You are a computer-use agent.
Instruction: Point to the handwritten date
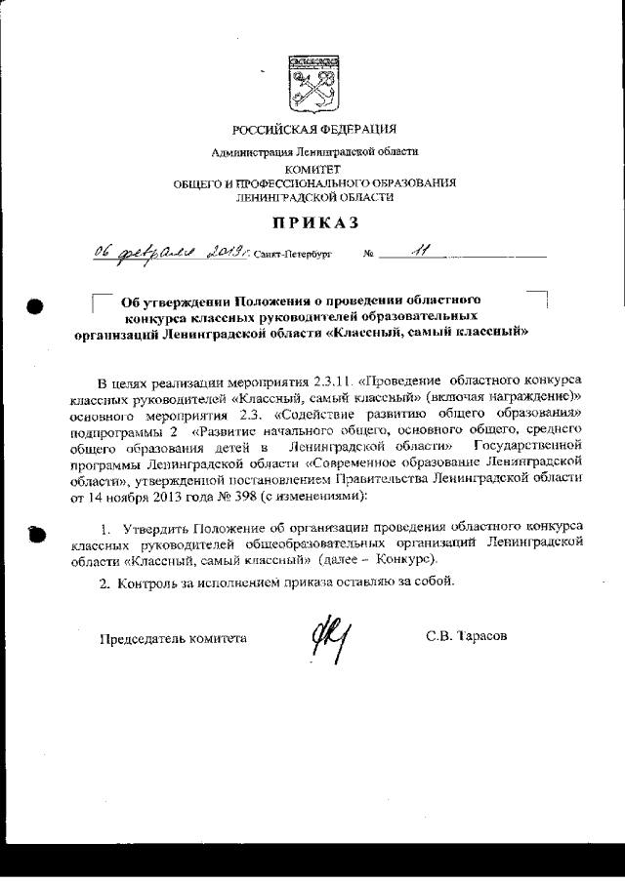pyautogui.click(x=172, y=252)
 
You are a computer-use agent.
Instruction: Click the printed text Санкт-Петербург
pyautogui.click(x=291, y=255)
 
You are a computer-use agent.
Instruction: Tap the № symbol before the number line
pyautogui.click(x=368, y=255)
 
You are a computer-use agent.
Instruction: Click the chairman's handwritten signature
pyautogui.click(x=330, y=640)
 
